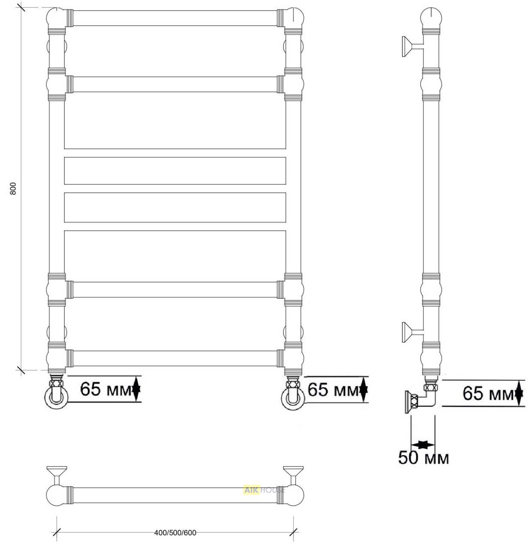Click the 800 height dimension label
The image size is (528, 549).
(13, 188)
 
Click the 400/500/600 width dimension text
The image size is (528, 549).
(175, 533)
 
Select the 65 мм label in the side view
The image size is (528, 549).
(488, 393)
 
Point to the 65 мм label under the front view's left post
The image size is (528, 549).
(106, 389)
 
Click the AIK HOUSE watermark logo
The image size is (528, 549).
(264, 490)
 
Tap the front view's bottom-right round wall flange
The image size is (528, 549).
(293, 398)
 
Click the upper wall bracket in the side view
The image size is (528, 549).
(413, 47)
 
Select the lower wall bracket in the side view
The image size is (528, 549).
(413, 332)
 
